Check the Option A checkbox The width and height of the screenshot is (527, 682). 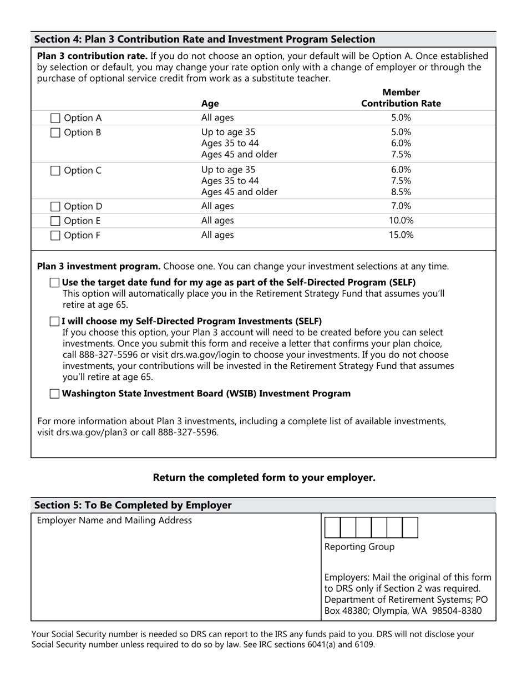pyautogui.click(x=55, y=118)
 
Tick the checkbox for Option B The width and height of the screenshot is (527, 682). pyautogui.click(x=55, y=133)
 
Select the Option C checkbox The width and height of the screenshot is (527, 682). pyautogui.click(x=55, y=171)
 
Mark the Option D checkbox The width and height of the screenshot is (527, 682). pyautogui.click(x=55, y=206)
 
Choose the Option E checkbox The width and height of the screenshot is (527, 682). pyautogui.click(x=55, y=221)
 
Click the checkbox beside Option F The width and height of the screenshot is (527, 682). pyautogui.click(x=55, y=235)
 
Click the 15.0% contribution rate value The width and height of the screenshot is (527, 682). pyautogui.click(x=401, y=235)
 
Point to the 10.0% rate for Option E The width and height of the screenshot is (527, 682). pyautogui.click(x=401, y=221)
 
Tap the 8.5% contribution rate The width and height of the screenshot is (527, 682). pyautogui.click(x=401, y=192)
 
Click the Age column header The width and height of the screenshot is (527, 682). pyautogui.click(x=210, y=104)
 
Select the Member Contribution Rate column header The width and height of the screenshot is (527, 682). pyautogui.click(x=401, y=98)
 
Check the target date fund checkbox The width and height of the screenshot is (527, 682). pyautogui.click(x=54, y=283)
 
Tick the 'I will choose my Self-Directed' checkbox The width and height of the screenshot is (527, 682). pyautogui.click(x=54, y=322)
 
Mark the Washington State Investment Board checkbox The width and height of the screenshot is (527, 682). pyautogui.click(x=54, y=394)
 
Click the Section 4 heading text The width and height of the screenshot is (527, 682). pyautogui.click(x=205, y=39)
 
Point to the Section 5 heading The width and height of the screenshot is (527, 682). pyautogui.click(x=133, y=505)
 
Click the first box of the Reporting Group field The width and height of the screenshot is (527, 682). pyautogui.click(x=332, y=527)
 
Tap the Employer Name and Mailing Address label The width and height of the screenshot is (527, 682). pyautogui.click(x=114, y=521)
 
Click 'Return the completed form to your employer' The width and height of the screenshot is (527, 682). pyautogui.click(x=264, y=477)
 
